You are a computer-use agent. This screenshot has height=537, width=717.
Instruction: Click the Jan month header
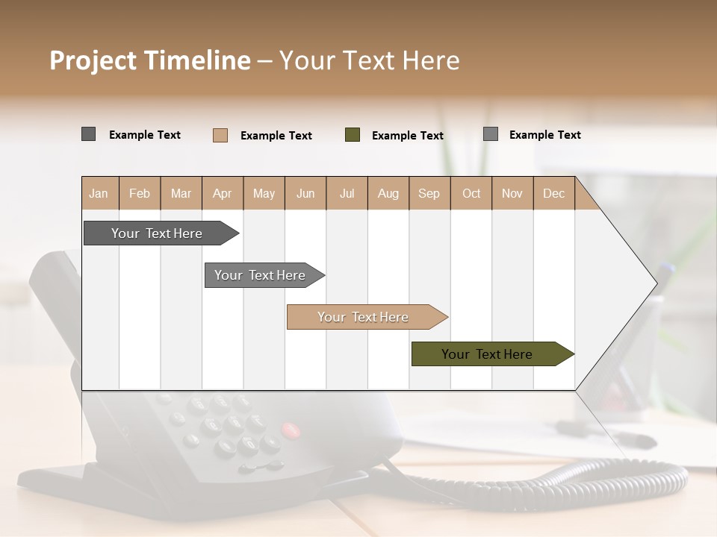point(99,193)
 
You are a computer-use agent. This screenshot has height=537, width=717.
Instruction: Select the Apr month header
point(222,193)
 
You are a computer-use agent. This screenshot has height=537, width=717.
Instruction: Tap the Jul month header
point(347,193)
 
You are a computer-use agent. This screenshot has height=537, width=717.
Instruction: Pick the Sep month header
point(429,193)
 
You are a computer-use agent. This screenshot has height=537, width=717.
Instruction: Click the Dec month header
point(553,193)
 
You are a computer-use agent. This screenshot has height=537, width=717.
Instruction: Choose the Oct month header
point(471,193)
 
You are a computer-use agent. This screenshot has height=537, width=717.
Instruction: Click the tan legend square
point(220,135)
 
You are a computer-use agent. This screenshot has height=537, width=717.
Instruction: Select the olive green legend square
point(353,135)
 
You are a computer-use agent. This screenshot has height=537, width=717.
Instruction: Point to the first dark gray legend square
point(89,134)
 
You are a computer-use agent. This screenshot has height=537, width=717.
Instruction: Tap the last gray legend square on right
point(491,134)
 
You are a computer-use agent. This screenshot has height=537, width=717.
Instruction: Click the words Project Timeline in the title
point(149,60)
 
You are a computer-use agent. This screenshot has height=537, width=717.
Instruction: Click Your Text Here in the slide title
point(369,60)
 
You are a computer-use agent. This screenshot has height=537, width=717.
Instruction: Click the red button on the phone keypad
point(290,430)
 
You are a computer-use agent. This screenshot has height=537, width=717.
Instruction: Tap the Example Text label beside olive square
point(407,136)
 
